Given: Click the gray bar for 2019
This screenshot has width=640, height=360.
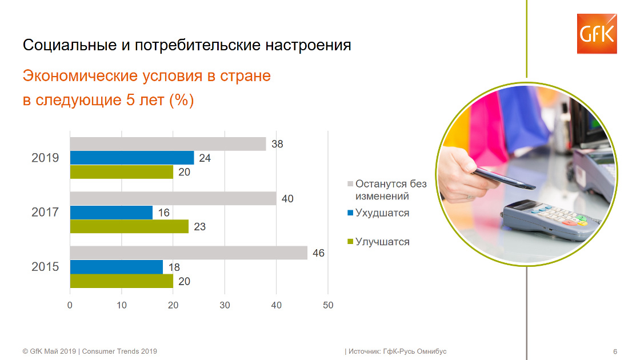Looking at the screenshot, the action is coord(168,143).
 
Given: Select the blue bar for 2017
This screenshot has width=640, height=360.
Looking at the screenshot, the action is coord(111,212).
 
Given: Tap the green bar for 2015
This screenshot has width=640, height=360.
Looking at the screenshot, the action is coord(122,281).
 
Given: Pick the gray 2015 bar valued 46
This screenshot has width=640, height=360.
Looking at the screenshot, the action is coord(189,253).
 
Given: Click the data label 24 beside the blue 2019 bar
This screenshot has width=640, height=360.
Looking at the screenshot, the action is coord(205,158).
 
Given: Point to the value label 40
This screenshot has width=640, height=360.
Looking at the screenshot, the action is coord(287,199).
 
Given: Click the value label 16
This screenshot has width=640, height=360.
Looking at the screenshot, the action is coord(163,213).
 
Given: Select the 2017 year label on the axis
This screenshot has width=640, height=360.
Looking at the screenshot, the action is coord(45,212).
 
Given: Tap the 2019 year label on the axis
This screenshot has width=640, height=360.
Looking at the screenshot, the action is coord(45,158).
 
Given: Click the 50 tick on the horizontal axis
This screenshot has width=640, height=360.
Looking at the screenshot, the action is coord(328,305).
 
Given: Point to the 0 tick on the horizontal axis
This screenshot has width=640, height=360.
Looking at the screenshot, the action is coord(70,305).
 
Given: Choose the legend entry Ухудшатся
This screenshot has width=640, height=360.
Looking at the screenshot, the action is coord(378,213).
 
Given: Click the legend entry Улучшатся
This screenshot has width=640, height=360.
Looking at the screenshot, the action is coord(378,242).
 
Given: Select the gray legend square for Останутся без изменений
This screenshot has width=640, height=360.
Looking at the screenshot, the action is coord(350,183).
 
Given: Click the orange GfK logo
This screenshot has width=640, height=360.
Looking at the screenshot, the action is coord(597,34).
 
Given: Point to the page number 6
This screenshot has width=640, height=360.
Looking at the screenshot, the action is coord(615,351).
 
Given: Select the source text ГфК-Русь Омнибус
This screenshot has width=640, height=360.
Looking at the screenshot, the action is coord(415,351).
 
